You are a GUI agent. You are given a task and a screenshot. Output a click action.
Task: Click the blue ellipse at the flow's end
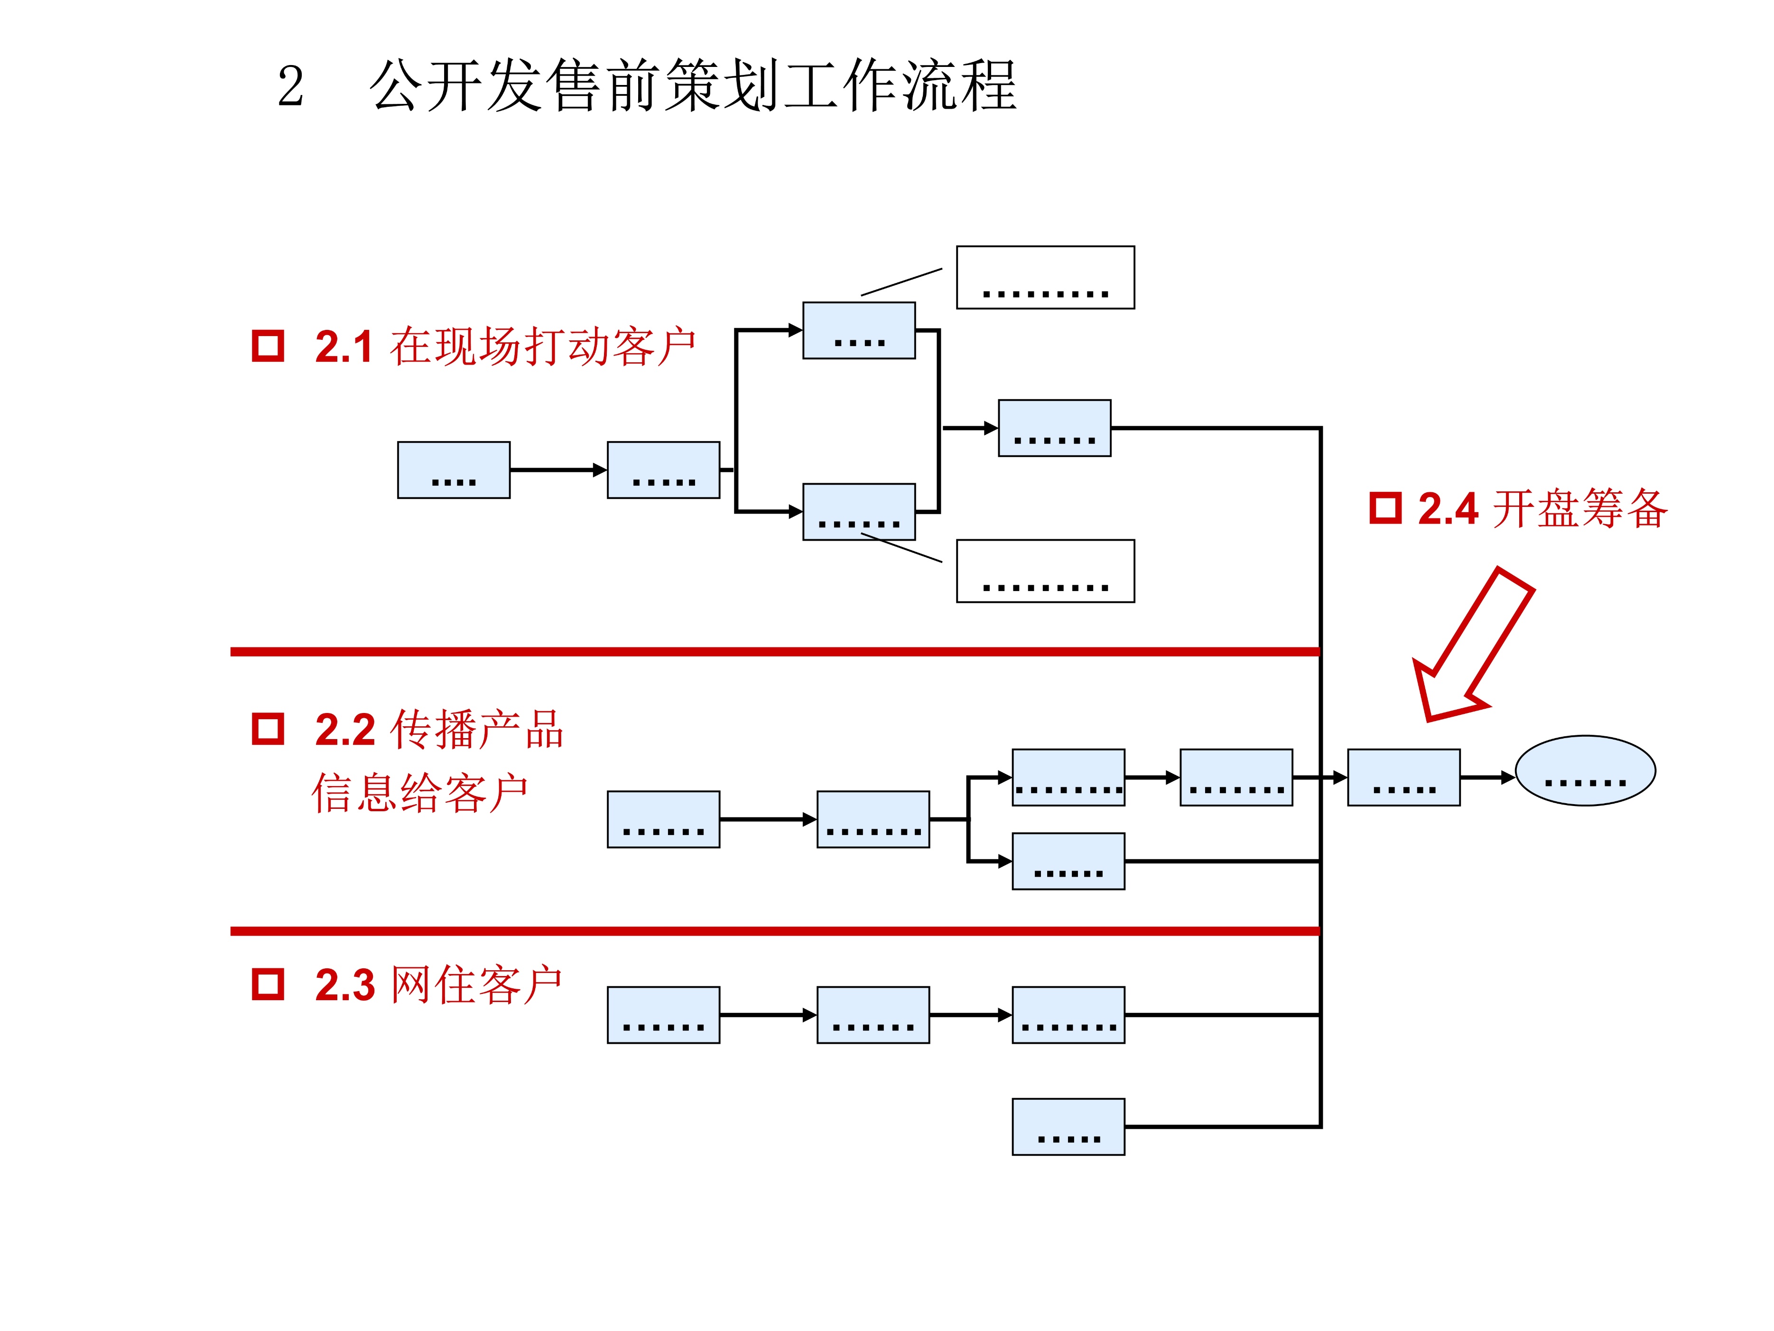pos(1585,770)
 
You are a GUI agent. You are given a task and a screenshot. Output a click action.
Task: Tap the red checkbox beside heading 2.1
pos(268,346)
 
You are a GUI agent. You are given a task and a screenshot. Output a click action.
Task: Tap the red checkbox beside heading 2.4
pos(1385,508)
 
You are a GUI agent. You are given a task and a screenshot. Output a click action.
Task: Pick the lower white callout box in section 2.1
pos(1045,571)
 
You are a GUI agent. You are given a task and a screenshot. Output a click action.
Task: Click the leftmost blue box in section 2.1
pos(454,469)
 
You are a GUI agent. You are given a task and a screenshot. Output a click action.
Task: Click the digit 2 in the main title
pos(290,87)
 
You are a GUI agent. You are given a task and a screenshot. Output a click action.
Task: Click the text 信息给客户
pos(419,794)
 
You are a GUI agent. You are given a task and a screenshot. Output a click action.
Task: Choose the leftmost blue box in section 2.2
pos(663,819)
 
